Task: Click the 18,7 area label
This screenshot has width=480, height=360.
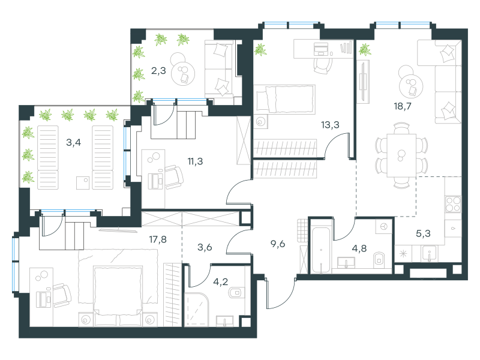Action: click(x=403, y=106)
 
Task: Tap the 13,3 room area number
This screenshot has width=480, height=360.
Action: click(x=330, y=125)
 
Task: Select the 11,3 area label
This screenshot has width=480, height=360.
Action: click(x=196, y=161)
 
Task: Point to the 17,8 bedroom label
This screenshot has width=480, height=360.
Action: click(x=158, y=239)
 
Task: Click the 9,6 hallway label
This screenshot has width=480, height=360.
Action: click(x=278, y=244)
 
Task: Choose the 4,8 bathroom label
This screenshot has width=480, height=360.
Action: click(x=359, y=248)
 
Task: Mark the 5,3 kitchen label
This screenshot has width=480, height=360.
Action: click(x=423, y=233)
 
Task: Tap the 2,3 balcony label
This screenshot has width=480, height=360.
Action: click(x=158, y=71)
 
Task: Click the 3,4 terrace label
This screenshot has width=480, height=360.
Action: click(x=73, y=142)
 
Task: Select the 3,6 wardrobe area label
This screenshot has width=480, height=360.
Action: click(x=205, y=247)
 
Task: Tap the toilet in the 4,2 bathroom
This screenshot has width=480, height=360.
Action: click(x=235, y=293)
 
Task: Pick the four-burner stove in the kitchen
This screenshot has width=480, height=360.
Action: click(x=453, y=204)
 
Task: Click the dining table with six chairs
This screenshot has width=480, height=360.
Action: click(x=401, y=155)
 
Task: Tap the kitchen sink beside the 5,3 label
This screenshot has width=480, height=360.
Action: click(x=430, y=253)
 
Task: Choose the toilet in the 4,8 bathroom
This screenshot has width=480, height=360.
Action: click(x=379, y=260)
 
